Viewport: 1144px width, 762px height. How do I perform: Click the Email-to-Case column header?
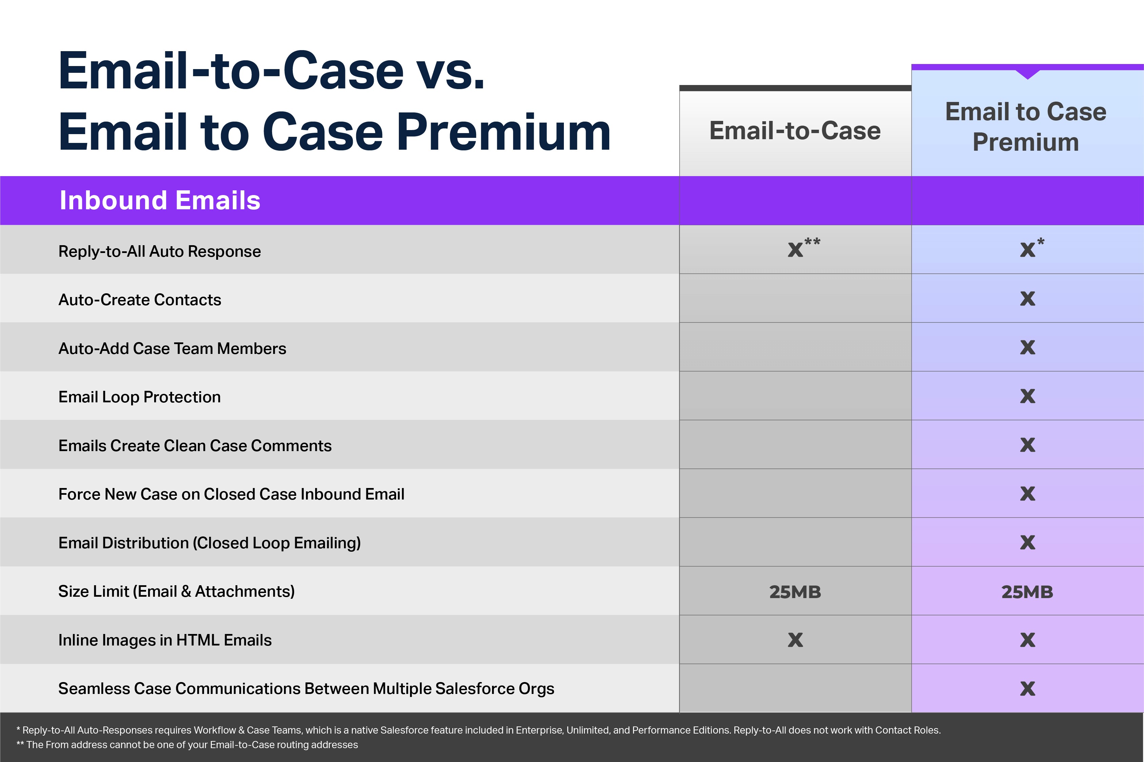795,131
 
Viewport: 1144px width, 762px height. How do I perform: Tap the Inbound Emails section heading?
160,200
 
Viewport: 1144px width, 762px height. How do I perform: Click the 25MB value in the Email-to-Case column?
795,592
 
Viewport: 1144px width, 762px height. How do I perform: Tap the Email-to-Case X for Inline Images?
795,640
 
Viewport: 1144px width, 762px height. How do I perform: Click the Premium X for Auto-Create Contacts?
1027,298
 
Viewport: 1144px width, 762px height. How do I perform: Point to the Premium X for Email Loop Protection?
1027,396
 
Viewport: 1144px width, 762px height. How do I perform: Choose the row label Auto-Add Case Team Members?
172,348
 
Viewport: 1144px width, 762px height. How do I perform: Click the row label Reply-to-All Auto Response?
160,251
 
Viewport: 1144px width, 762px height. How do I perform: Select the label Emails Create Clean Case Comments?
195,446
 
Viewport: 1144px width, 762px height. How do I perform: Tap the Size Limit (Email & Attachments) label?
177,591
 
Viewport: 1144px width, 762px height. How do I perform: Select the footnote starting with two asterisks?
187,744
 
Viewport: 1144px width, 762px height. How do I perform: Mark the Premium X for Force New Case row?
1027,494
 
